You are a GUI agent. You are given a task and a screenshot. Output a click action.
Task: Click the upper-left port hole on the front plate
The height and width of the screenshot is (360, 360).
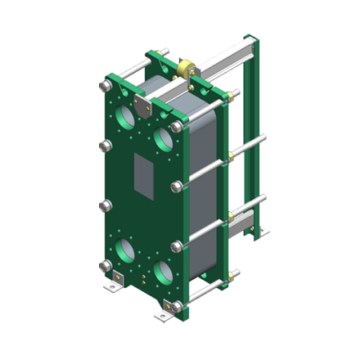pyautogui.click(x=126, y=118)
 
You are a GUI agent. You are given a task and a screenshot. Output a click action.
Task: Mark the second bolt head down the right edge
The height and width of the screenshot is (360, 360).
pyautogui.click(x=176, y=186)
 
